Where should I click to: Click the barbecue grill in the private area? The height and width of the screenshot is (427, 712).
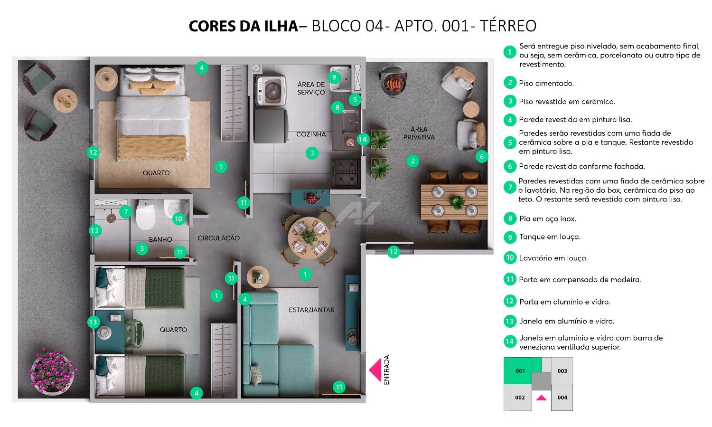pos(393,81)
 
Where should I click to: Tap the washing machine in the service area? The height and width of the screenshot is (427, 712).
pos(271,91)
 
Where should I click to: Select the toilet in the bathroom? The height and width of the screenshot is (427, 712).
pos(146,214)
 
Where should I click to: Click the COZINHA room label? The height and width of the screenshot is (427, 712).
pos(311,134)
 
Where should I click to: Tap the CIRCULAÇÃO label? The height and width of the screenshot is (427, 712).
pos(219,238)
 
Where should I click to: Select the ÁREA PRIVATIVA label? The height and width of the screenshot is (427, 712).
pos(419,133)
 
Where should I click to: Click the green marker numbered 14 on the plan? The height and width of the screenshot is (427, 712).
pos(363,139)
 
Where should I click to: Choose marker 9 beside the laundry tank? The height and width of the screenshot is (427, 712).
pos(334,77)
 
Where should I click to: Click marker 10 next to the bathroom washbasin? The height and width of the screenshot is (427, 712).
pos(178,219)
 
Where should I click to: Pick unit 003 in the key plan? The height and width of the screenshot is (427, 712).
pos(562,371)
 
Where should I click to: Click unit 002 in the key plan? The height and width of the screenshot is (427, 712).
pos(520,398)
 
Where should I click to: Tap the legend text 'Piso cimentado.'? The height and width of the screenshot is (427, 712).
pos(546,83)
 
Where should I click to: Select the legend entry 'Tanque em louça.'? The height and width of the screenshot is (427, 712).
pos(550,237)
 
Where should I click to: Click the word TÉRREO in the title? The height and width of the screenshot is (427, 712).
pos(507,26)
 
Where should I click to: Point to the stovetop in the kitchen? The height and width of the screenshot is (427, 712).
pos(346,172)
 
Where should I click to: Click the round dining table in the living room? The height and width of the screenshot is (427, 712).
pos(309,238)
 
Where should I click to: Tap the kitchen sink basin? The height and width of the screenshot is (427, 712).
pos(351,121)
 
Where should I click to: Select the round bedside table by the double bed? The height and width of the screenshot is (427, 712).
pos(106,79)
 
